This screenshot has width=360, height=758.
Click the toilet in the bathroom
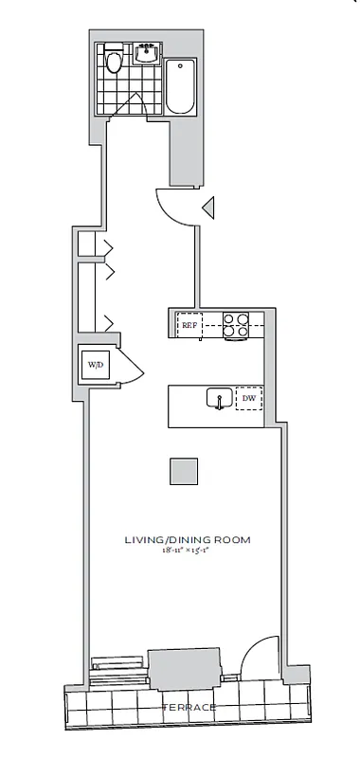114,61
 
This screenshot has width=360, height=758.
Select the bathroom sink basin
146,52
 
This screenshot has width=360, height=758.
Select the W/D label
96,364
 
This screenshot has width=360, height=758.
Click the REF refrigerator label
191,324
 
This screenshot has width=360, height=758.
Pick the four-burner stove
235,325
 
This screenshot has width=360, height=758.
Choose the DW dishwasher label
248,400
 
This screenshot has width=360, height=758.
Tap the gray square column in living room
185,471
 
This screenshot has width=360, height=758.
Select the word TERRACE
188,708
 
